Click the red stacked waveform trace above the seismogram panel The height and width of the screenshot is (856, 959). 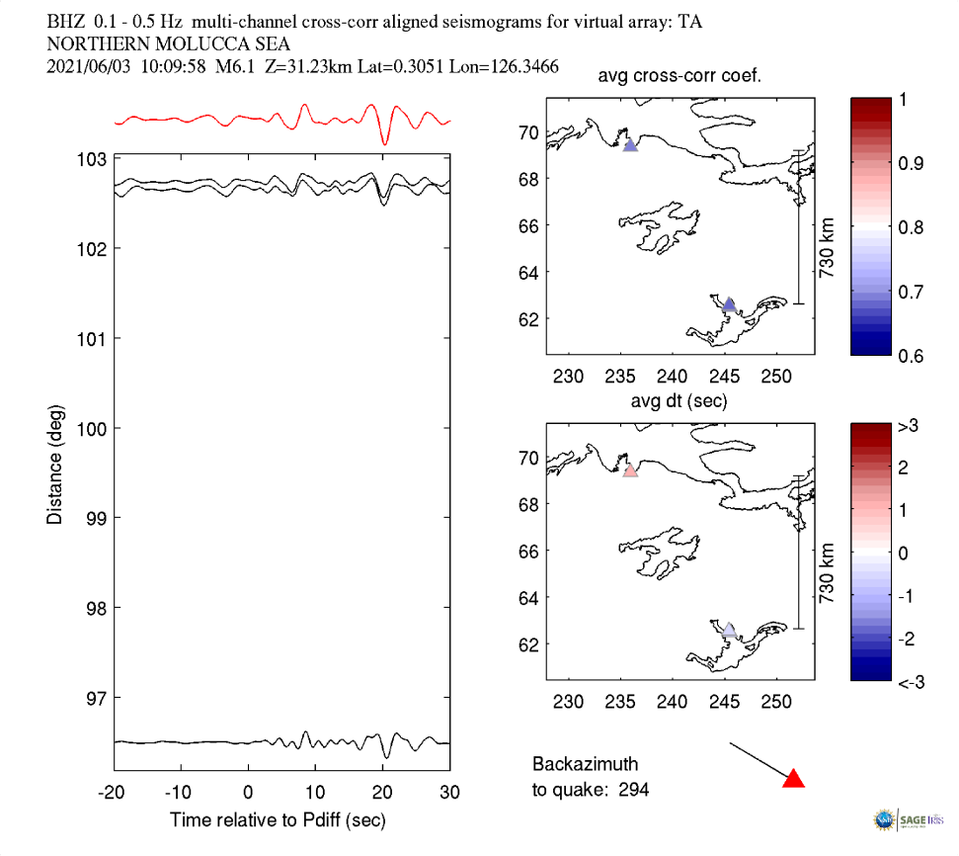(282, 120)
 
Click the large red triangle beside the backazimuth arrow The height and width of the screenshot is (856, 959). (793, 779)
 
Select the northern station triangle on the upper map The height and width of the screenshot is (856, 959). (630, 145)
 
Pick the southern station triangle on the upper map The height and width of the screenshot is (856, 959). (729, 305)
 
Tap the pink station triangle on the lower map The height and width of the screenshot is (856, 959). (630, 471)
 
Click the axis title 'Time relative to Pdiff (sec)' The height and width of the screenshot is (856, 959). (278, 819)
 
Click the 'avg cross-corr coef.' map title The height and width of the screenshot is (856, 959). (679, 77)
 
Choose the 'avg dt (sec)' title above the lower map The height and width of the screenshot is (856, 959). (679, 401)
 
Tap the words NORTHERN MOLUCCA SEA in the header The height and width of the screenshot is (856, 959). (149, 44)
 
